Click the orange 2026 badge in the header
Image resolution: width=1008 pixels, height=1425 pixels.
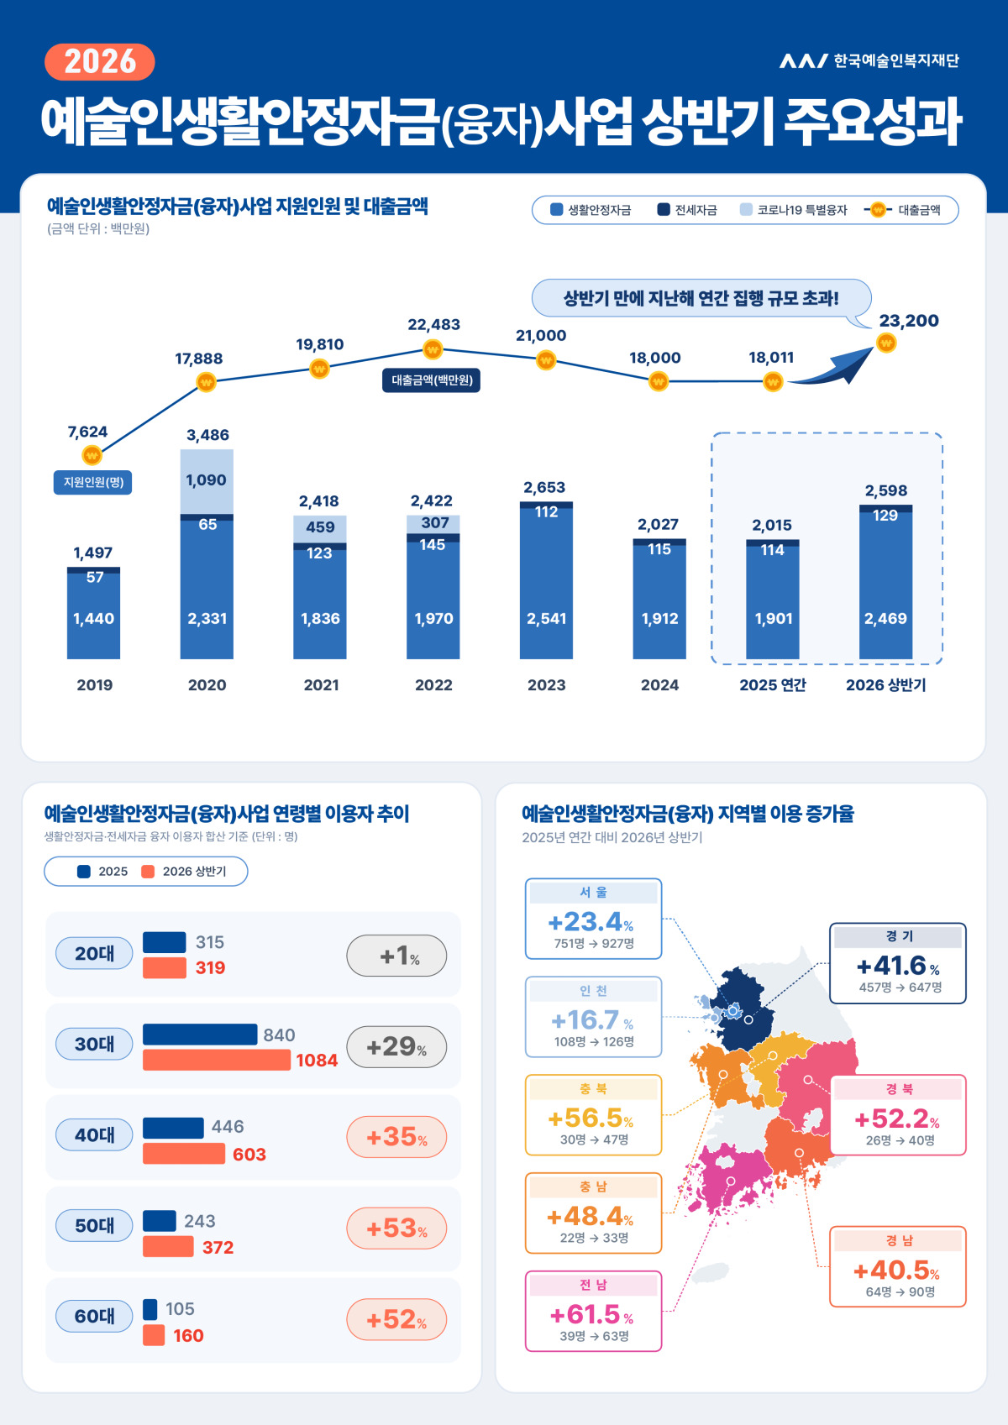tap(100, 61)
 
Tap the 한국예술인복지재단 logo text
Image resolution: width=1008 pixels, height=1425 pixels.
tap(896, 60)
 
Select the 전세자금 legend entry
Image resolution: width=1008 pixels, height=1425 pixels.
tap(687, 210)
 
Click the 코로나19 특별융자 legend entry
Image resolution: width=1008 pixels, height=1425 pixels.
tap(794, 210)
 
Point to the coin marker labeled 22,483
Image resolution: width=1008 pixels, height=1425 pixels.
tap(433, 349)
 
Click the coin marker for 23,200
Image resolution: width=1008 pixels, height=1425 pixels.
tap(886, 343)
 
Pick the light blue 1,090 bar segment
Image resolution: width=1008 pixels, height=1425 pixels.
tap(207, 481)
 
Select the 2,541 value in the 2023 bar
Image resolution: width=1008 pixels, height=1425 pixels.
tap(546, 618)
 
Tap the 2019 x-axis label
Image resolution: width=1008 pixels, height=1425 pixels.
tap(94, 685)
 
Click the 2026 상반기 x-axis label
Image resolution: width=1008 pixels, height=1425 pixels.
tap(886, 685)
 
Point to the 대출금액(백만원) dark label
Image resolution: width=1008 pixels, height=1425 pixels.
tap(432, 380)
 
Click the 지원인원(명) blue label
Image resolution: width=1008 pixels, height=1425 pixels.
tap(93, 482)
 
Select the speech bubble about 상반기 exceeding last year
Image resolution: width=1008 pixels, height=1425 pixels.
tap(701, 298)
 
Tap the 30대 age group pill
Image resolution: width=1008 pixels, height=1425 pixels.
tap(94, 1044)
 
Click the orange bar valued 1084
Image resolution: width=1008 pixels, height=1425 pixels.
tap(217, 1060)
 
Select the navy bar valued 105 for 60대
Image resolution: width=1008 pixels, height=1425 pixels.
tap(150, 1309)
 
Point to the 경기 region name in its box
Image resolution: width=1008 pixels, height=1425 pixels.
tap(899, 936)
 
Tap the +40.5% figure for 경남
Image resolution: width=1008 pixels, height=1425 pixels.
tap(896, 1270)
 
